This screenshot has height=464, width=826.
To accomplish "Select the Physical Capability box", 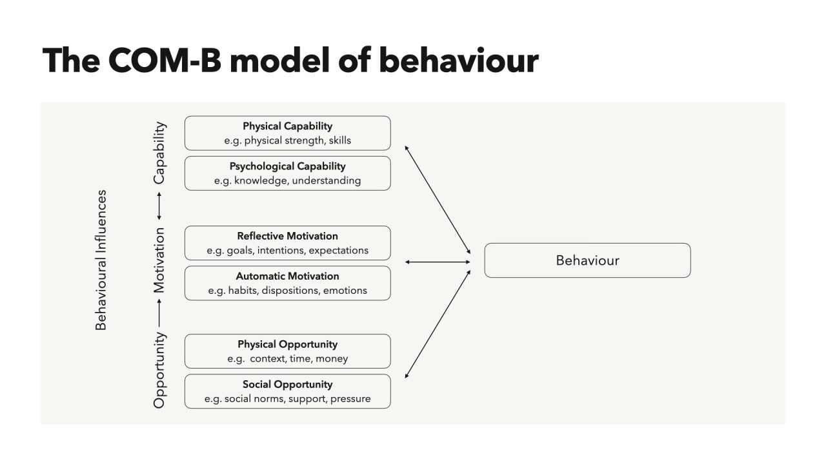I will click(x=287, y=133).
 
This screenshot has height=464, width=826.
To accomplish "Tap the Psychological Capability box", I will click(x=287, y=173).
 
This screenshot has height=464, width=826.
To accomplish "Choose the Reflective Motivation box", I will click(x=287, y=243).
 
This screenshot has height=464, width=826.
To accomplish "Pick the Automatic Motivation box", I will click(x=287, y=283).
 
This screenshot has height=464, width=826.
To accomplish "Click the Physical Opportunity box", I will click(x=287, y=351).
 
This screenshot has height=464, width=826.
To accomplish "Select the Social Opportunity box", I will click(x=287, y=391).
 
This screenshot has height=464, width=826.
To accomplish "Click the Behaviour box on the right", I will click(x=587, y=260).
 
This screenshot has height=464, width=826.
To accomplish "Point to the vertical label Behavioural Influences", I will click(x=101, y=260).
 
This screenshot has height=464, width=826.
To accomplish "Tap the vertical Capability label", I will click(x=159, y=153).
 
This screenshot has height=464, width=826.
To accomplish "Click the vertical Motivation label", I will click(x=159, y=260).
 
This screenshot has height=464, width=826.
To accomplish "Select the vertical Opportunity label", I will click(x=159, y=370).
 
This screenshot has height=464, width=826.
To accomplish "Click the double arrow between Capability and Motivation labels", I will click(x=159, y=206).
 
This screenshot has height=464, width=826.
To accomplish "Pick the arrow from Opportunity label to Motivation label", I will click(x=159, y=313).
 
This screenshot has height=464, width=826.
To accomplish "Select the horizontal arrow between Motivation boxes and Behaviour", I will click(x=438, y=262).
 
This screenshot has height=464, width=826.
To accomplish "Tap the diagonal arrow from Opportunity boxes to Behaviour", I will click(x=438, y=324).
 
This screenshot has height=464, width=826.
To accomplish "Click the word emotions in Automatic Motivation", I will click(x=345, y=291).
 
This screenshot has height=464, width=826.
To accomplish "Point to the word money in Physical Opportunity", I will click(x=332, y=359).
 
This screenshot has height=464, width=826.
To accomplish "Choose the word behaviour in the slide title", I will click(x=458, y=61).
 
